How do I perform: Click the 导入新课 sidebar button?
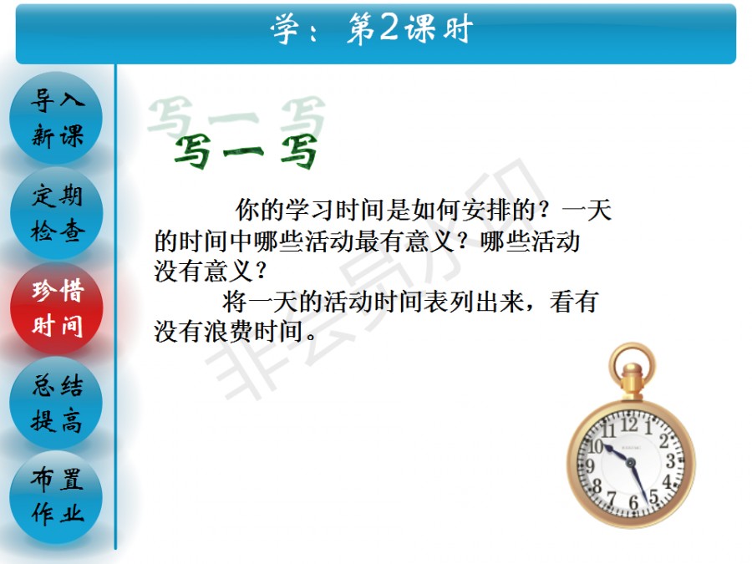(56, 118)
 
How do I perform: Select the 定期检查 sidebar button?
(56, 213)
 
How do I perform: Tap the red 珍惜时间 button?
(56, 307)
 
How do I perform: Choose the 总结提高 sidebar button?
(56, 403)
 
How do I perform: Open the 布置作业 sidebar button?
(56, 497)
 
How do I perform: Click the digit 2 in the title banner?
(389, 28)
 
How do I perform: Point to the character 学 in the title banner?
(286, 28)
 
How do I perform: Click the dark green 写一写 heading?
(246, 150)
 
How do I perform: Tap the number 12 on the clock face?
(629, 424)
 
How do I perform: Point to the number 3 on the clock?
(670, 461)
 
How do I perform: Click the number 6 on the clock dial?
(633, 502)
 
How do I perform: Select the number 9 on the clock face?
(591, 465)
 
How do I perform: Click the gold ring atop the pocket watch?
(633, 362)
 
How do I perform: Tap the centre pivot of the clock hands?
(630, 463)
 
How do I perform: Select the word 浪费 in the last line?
(228, 332)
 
